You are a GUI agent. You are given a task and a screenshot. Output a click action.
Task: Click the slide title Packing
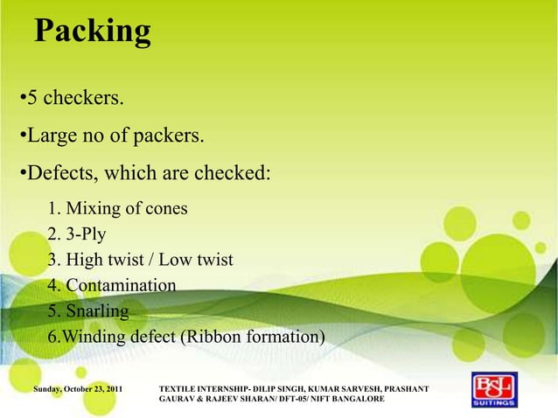tap(92, 31)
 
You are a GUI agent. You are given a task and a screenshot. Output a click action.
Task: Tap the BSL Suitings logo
tap(494, 391)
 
